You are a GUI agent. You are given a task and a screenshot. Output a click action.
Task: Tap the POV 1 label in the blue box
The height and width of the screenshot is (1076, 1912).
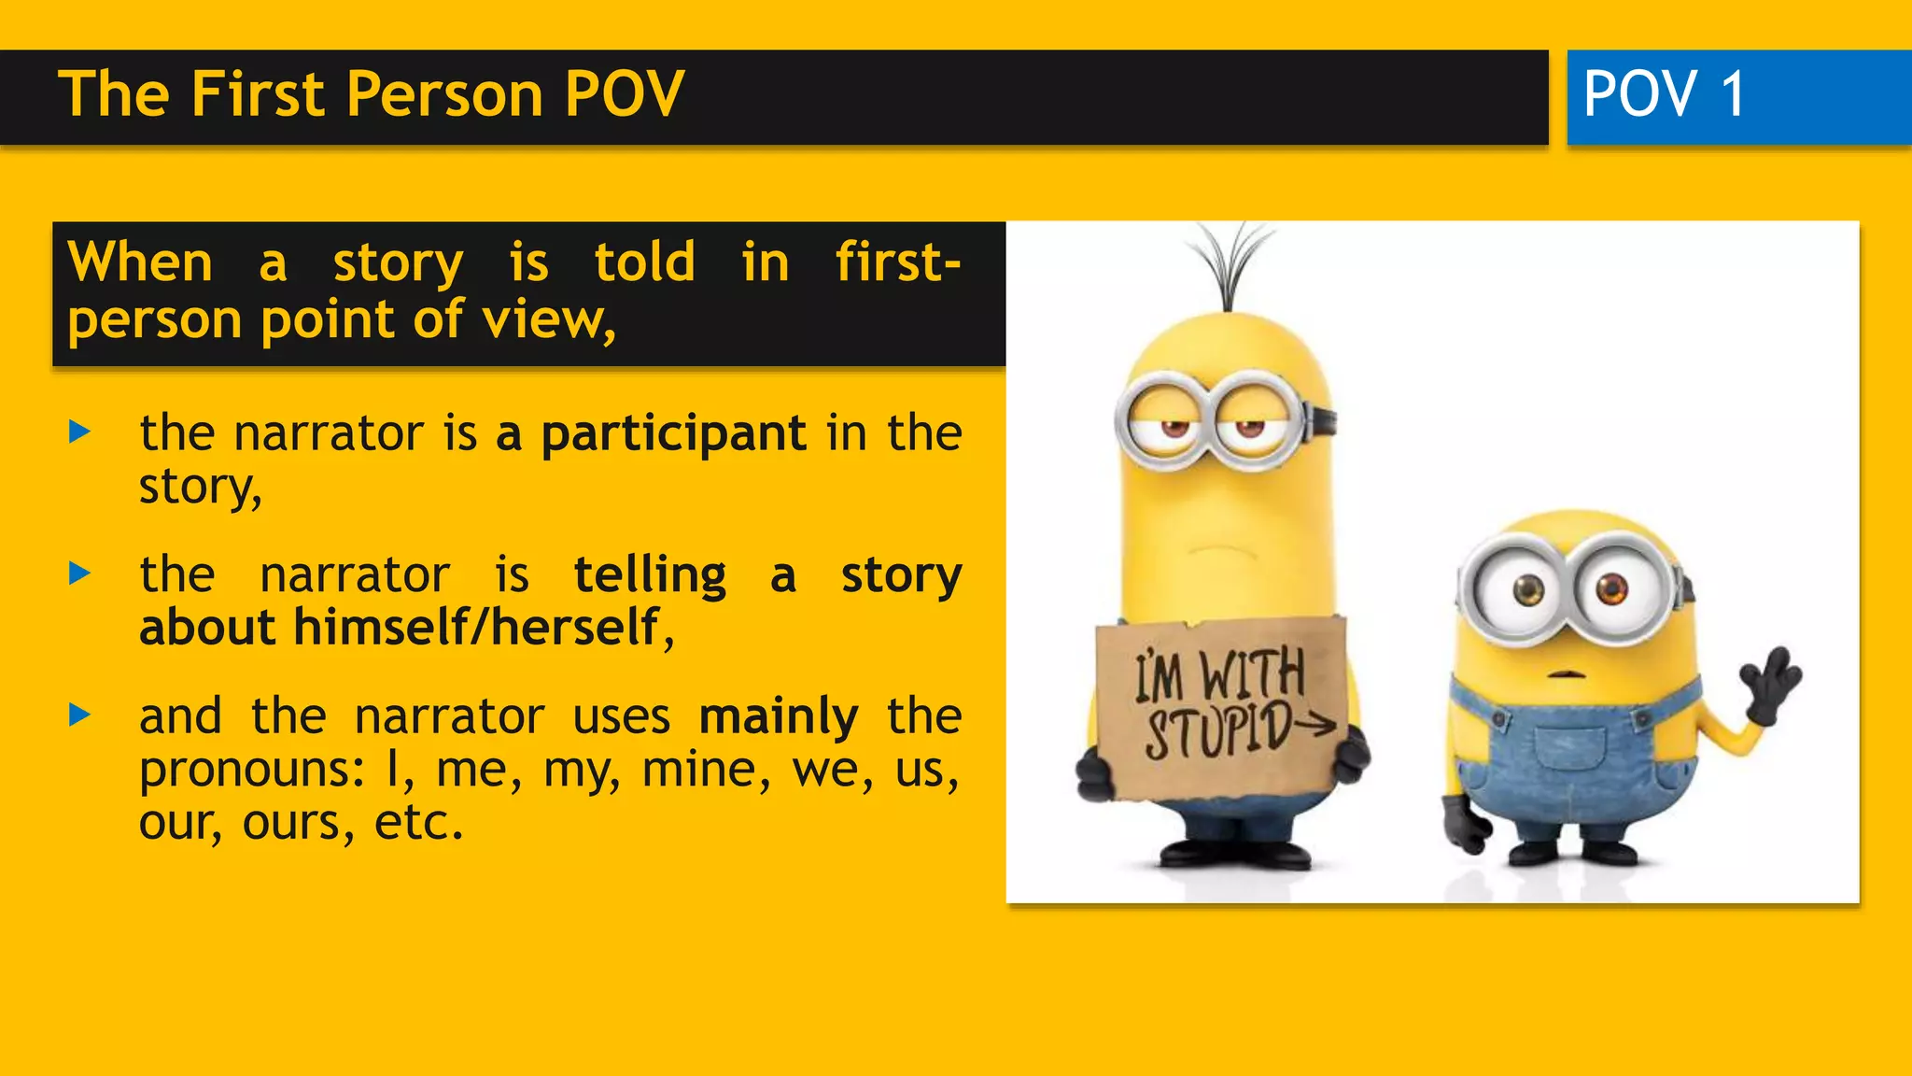pyautogui.click(x=1664, y=94)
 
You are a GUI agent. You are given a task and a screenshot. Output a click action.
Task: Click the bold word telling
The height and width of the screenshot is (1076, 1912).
pyautogui.click(x=650, y=574)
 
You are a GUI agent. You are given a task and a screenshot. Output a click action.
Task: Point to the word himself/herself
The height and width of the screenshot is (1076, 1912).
pyautogui.click(x=477, y=627)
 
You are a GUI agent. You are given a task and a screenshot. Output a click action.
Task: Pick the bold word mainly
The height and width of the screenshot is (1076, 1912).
pyautogui.click(x=779, y=716)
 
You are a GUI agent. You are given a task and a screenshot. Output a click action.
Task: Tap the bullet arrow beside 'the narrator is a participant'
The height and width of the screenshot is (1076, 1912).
pyautogui.click(x=80, y=432)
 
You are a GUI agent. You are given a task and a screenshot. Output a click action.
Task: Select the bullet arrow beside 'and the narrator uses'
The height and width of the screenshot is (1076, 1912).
pyautogui.click(x=80, y=715)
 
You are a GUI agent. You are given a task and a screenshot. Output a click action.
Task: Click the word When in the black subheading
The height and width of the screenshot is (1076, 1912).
pyautogui.click(x=141, y=262)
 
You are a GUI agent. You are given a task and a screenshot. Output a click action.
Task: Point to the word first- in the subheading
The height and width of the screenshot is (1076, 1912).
pyautogui.click(x=897, y=262)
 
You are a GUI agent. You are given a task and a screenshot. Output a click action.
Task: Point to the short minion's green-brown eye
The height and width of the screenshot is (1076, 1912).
pyautogui.click(x=1529, y=589)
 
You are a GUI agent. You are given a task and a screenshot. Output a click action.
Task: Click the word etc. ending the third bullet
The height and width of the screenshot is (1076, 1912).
pyautogui.click(x=418, y=823)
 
